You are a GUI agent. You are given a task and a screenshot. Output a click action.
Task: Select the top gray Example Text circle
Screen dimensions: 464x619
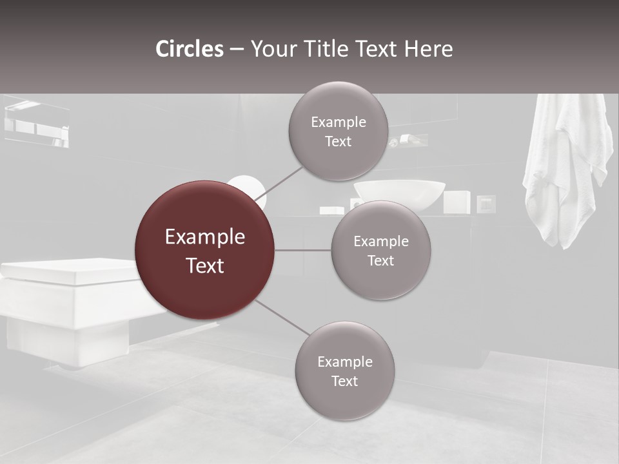pos(338,131)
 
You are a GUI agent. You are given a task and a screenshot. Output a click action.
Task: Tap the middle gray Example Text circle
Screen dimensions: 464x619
pos(380,250)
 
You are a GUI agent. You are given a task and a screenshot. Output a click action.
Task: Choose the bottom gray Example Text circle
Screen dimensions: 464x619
pos(344,371)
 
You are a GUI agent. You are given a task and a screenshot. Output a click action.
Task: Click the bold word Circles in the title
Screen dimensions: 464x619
pos(189,49)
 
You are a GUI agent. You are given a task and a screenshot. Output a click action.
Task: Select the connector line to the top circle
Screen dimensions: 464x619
pos(279,183)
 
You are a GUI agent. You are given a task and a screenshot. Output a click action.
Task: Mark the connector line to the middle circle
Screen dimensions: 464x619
pos(302,250)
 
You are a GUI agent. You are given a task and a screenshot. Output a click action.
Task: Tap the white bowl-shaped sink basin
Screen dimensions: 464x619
pos(399,195)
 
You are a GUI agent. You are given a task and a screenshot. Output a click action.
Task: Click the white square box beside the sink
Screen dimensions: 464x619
pos(457,202)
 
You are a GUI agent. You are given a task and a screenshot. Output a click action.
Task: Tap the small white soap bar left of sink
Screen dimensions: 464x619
pos(331,210)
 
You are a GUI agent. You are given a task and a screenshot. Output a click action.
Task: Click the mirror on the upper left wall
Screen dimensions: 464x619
pos(37,122)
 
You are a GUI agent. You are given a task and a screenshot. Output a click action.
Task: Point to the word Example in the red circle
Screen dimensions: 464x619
pos(204,237)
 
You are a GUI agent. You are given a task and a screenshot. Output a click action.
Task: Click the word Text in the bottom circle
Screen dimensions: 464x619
pos(344,381)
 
